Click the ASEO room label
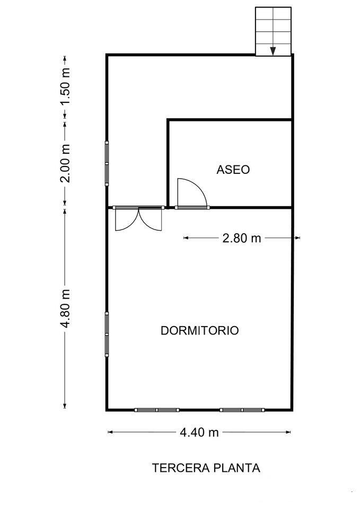pos(233,170)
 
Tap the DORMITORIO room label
pos(199,330)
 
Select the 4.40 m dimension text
pos(199,432)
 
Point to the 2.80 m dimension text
pos(242,238)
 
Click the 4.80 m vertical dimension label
pos(65,309)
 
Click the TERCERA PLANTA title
pos(206,468)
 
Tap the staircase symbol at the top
pos(274,31)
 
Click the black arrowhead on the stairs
pos(273,51)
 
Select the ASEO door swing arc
pos(193,191)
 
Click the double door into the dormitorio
pos(138,218)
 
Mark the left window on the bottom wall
pos(156,409)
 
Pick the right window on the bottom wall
pos(242,409)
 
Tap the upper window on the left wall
pos(107,163)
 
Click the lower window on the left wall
pos(107,334)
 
